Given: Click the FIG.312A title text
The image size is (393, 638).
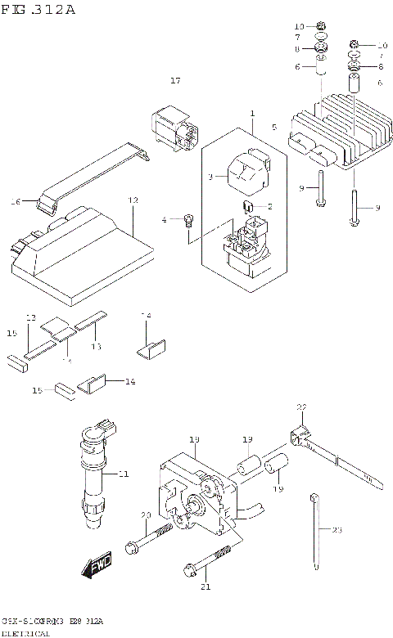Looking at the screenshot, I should pyautogui.click(x=38, y=10).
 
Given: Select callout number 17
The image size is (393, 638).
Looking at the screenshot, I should pyautogui.click(x=174, y=80).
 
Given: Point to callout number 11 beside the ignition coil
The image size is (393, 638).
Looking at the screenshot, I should pyautogui.click(x=124, y=474).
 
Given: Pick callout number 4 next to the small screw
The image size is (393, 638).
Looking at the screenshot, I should pyautogui.click(x=164, y=219).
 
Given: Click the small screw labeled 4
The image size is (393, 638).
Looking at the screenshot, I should pyautogui.click(x=188, y=219).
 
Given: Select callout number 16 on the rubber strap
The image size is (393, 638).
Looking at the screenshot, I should pyautogui.click(x=14, y=200).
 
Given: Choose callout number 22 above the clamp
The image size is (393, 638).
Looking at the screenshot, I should pyautogui.click(x=301, y=407).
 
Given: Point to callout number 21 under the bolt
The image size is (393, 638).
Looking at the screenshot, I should pyautogui.click(x=206, y=586).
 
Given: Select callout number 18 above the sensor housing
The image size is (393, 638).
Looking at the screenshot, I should pyautogui.click(x=194, y=440).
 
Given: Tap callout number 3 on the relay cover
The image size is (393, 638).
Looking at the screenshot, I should pyautogui.click(x=210, y=176).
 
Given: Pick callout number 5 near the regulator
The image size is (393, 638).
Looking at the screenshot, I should pyautogui.click(x=274, y=127).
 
